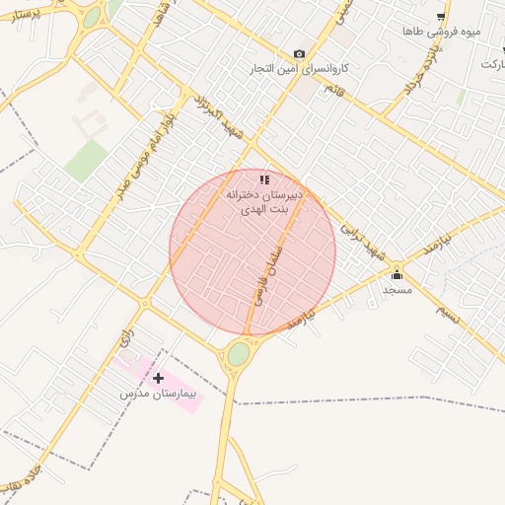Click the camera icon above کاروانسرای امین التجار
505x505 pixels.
[x=299, y=54]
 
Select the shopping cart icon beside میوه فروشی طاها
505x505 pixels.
[x=441, y=17]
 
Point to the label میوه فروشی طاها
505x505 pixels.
[x=441, y=33]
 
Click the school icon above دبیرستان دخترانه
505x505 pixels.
[x=263, y=180]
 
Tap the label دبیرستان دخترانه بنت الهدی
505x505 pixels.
[x=259, y=203]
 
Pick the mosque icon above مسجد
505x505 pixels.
[x=397, y=274]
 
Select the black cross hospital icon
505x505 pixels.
[x=158, y=378]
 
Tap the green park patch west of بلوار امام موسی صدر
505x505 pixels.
[x=87, y=159]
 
